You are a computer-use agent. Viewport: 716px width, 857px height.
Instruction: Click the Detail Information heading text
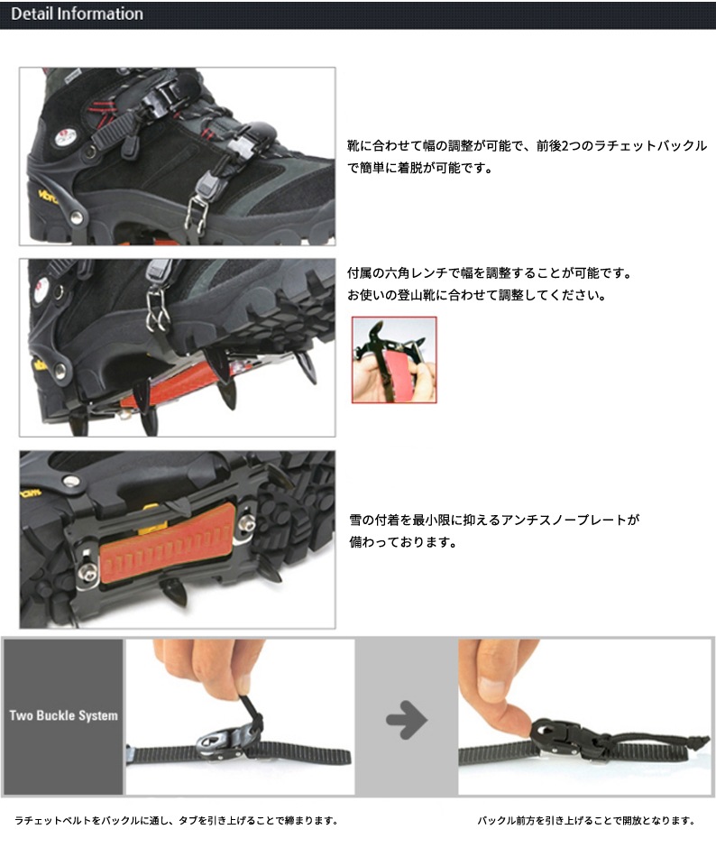click(x=77, y=14)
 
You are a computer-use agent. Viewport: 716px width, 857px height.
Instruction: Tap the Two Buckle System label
click(x=63, y=715)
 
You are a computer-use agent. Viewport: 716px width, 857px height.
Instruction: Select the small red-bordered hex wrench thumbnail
click(x=393, y=359)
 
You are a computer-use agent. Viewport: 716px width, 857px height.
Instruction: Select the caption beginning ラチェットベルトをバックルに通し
click(x=176, y=821)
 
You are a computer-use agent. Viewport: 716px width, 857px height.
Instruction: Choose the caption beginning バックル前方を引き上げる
click(x=586, y=821)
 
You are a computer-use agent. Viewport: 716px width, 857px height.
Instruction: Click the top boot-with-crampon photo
click(x=177, y=155)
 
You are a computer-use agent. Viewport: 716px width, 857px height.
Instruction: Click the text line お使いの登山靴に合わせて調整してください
click(x=476, y=296)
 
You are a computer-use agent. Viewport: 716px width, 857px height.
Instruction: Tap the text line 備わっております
click(x=402, y=543)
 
